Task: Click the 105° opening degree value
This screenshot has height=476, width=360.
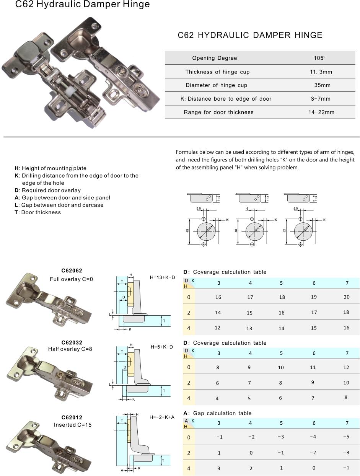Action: click(x=319, y=58)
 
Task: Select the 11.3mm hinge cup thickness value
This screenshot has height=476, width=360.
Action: click(x=321, y=72)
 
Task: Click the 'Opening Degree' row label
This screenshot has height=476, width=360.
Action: click(x=214, y=58)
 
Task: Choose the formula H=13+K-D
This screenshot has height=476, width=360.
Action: click(x=163, y=277)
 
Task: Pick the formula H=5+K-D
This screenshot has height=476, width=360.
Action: click(x=161, y=347)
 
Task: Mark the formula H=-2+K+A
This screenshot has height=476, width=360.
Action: click(x=162, y=417)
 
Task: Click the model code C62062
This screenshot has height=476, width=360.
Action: click(x=72, y=271)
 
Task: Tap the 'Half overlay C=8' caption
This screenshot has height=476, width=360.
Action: click(x=70, y=349)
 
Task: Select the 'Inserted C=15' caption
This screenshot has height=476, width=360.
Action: click(x=72, y=425)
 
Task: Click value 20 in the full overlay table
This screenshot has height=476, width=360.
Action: click(x=346, y=297)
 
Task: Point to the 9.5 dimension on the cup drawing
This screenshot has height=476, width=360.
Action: click(x=199, y=209)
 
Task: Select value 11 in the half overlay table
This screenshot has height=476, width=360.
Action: click(x=313, y=367)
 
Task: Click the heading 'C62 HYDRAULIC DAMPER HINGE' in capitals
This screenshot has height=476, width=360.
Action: click(x=250, y=35)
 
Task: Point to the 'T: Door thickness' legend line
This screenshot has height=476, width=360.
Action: click(x=37, y=212)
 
